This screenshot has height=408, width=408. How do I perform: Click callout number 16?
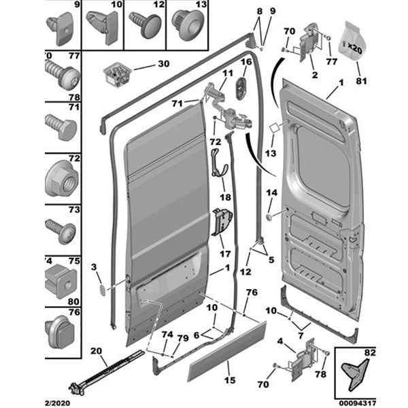[245, 63]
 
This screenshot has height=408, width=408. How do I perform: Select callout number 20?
[97, 351]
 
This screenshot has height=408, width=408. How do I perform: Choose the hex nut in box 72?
[62, 179]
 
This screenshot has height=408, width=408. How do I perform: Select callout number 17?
[224, 255]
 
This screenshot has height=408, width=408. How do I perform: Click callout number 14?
[271, 193]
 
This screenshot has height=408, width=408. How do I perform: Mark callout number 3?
[95, 266]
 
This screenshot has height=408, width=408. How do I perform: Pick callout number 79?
[182, 338]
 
